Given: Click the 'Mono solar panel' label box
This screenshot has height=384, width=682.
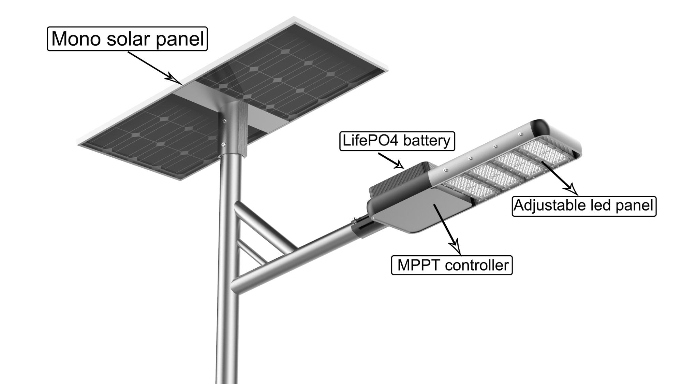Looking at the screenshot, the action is coord(127,39).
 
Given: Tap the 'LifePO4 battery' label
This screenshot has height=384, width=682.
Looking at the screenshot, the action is coord(397,141).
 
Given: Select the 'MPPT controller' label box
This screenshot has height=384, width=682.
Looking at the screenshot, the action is coord(452,265).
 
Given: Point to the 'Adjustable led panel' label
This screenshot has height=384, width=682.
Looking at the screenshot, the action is coord(584,206).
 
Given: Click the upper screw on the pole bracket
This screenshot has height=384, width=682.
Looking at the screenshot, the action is coord(224,120).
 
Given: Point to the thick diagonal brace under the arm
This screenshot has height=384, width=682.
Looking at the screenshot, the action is coord(264,226).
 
